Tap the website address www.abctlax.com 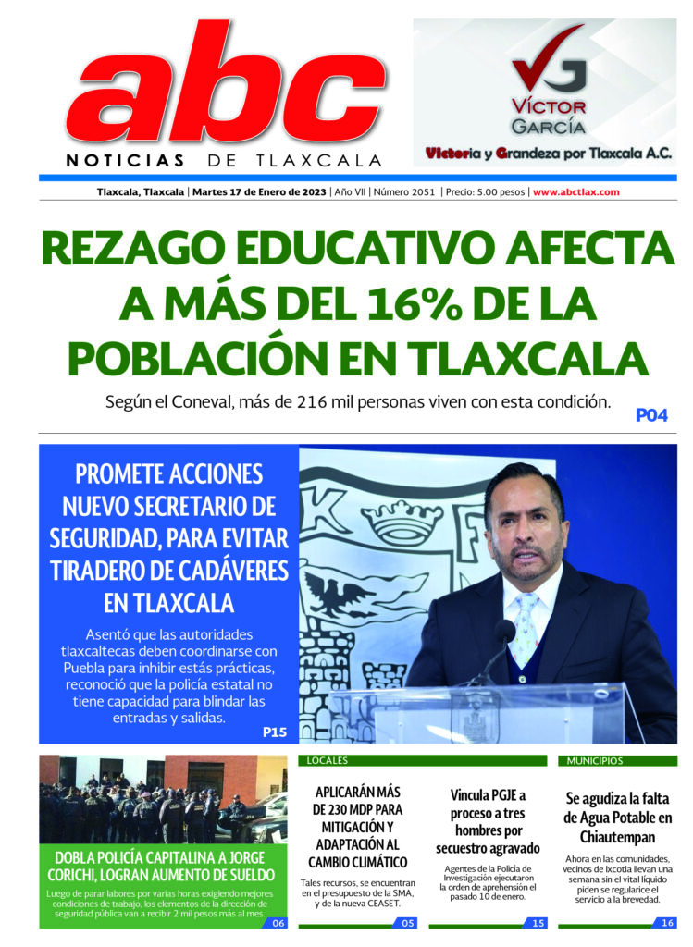pyautogui.click(x=575, y=192)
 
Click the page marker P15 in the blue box pyautogui.click(x=274, y=732)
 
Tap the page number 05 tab pyautogui.click(x=408, y=922)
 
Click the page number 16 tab pyautogui.click(x=667, y=922)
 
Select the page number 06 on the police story pyautogui.click(x=278, y=922)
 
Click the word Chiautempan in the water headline pyautogui.click(x=617, y=837)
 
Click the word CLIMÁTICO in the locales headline pyautogui.click(x=359, y=862)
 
